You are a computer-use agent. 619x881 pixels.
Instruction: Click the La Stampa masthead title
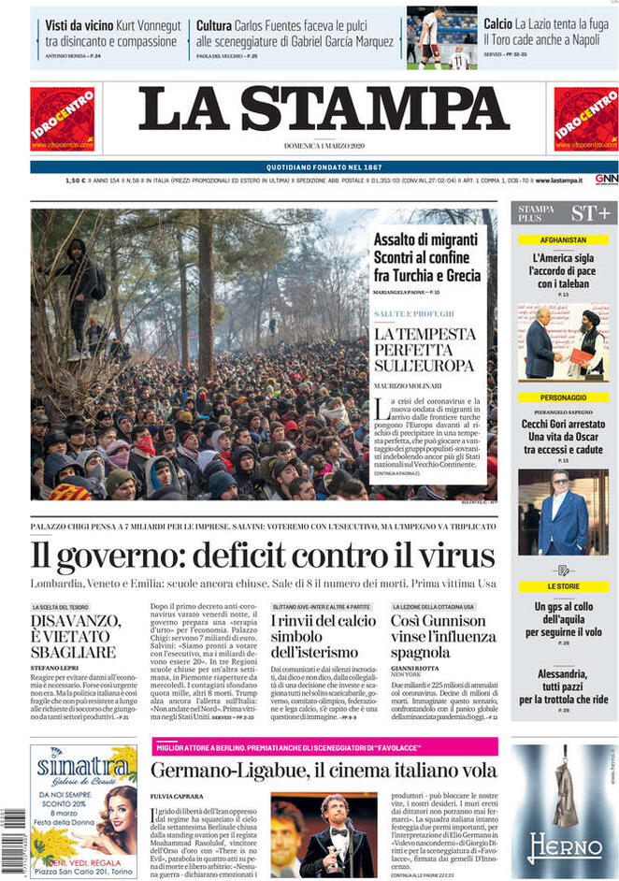(324, 110)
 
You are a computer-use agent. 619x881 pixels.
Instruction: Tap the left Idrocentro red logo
(62, 119)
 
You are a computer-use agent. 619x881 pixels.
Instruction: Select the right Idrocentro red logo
(585, 119)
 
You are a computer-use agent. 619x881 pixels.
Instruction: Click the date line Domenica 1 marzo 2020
(324, 146)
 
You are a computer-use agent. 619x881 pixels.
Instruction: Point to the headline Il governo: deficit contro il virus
(263, 556)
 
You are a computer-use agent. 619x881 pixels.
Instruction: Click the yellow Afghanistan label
(563, 239)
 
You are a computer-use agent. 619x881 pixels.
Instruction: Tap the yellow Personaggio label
(563, 397)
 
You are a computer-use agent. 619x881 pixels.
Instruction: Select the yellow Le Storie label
(563, 586)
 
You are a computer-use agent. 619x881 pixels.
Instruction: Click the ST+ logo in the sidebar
(591, 212)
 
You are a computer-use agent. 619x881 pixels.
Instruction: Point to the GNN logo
(606, 179)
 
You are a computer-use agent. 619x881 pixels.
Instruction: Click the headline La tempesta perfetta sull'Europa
(424, 349)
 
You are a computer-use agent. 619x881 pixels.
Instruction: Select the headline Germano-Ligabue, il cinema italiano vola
(324, 770)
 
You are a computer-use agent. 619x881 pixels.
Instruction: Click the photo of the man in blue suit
(563, 512)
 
